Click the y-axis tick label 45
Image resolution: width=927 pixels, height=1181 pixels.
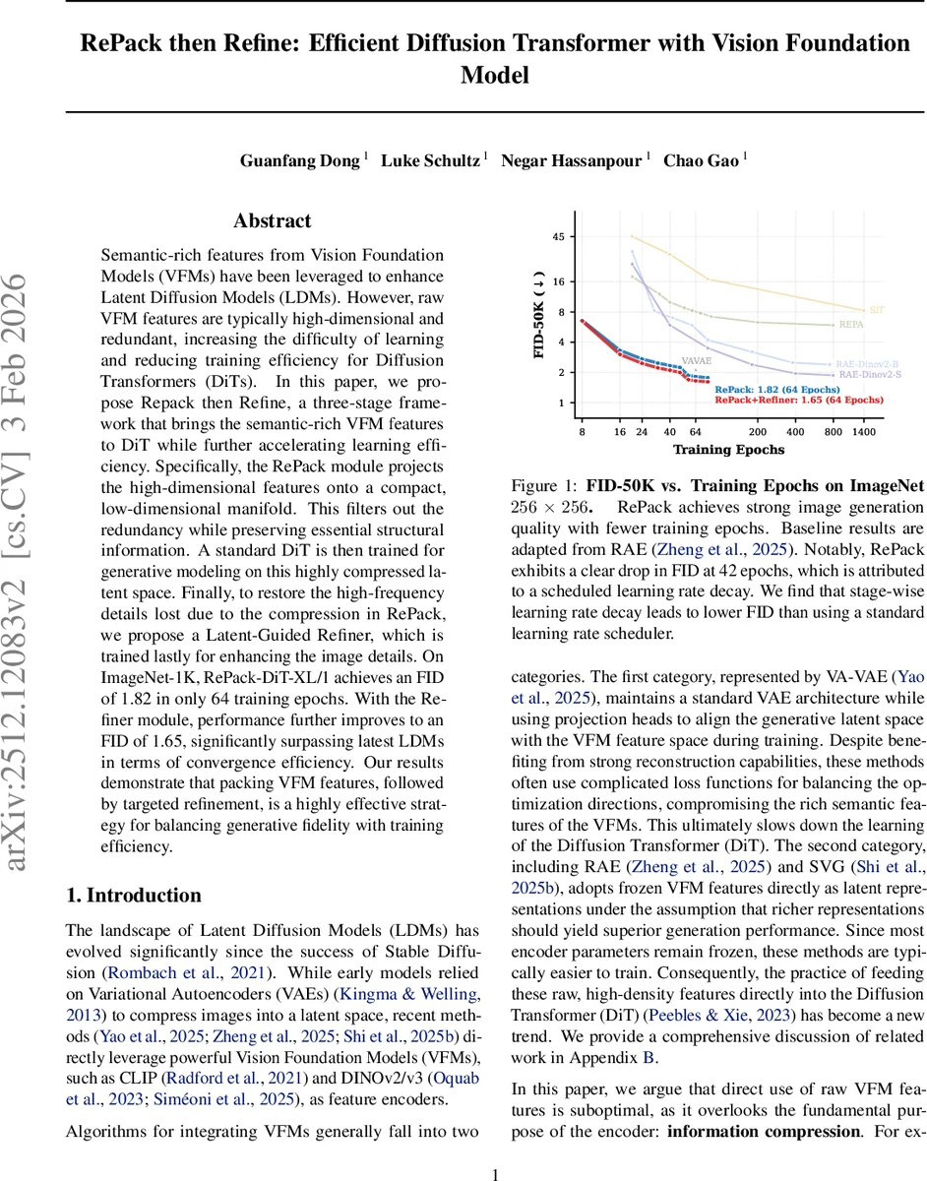[x=558, y=237]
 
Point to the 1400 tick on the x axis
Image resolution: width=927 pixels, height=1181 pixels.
[x=864, y=432]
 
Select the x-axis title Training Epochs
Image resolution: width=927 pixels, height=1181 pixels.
[x=728, y=450]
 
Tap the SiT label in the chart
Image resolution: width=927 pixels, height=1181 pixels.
[x=877, y=309]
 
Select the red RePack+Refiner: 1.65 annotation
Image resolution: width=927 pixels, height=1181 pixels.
[x=799, y=401]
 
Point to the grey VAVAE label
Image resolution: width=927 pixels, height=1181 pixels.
[x=696, y=361]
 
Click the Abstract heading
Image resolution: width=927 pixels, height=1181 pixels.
[x=273, y=221]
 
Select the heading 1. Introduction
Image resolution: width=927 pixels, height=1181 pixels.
[x=133, y=895]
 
